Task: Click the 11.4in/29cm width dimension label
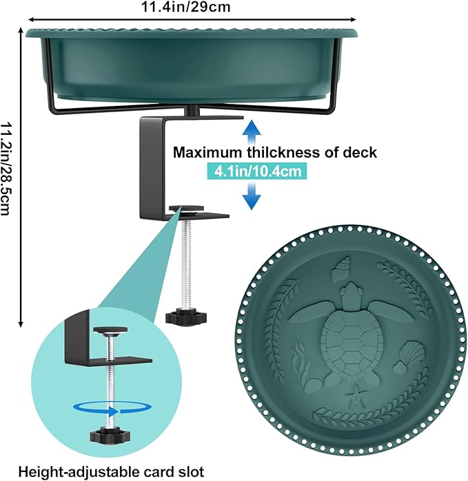tap(185, 7)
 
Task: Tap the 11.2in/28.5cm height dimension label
tap(6, 169)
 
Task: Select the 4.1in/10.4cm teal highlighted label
tap(257, 171)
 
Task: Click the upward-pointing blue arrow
tap(252, 132)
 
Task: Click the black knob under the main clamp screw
tap(186, 317)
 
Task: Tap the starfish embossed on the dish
tap(356, 396)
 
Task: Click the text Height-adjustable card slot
tap(111, 472)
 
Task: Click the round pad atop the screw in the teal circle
tap(110, 330)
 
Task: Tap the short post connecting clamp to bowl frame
tap(192, 110)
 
